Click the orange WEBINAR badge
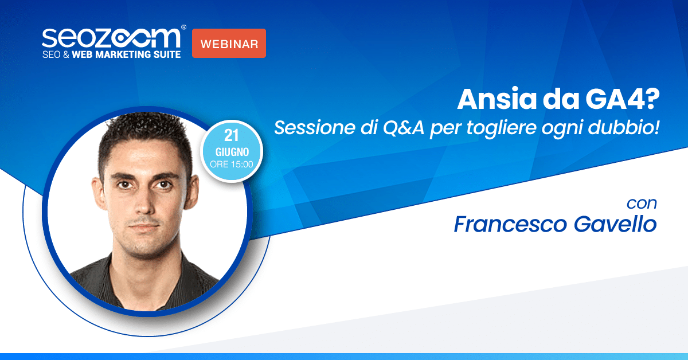pyautogui.click(x=229, y=44)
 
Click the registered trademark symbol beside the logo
pyautogui.click(x=183, y=28)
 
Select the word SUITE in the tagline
pyautogui.click(x=167, y=54)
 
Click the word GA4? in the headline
pyautogui.click(x=622, y=99)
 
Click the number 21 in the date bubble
pyautogui.click(x=231, y=135)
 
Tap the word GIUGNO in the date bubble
pyautogui.click(x=232, y=152)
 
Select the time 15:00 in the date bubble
pyautogui.click(x=242, y=165)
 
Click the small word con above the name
pyautogui.click(x=642, y=204)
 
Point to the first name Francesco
pyautogui.click(x=510, y=224)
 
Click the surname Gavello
pyautogui.click(x=615, y=224)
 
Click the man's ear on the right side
pyautogui.click(x=191, y=190)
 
